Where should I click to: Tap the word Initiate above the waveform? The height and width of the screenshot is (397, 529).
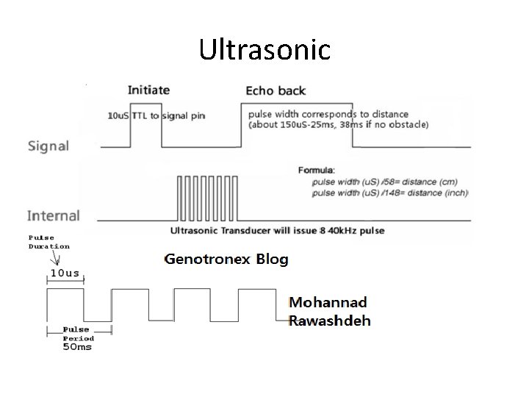[x=148, y=90]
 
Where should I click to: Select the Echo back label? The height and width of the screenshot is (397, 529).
[x=276, y=91]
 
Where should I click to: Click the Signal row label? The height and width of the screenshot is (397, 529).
[x=48, y=146]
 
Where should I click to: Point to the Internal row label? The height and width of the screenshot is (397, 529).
[x=53, y=215]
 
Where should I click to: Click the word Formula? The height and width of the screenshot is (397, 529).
[x=317, y=170]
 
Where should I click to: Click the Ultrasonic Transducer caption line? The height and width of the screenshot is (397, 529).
[x=277, y=231]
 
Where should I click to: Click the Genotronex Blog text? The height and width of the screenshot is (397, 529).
[x=226, y=259]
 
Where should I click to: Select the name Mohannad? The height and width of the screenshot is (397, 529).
[x=328, y=302]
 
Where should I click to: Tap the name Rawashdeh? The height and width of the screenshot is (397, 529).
[x=330, y=320]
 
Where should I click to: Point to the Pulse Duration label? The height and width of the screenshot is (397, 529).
[x=48, y=242]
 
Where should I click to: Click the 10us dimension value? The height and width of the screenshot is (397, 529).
[x=65, y=273]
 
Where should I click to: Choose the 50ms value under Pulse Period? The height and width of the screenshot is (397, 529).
[x=76, y=347]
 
